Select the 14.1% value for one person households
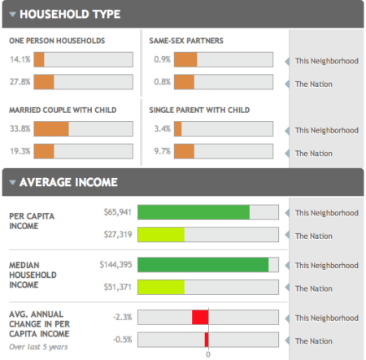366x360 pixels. [20, 59]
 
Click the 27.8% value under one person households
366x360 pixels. [20, 82]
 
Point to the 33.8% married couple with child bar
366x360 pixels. [51, 129]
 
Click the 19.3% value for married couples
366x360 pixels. [20, 152]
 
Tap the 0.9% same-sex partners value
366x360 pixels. [161, 59]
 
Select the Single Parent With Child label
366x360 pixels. [199, 110]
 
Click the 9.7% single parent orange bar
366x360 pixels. [185, 152]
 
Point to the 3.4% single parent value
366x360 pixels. [161, 129]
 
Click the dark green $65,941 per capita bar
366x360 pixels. [194, 213]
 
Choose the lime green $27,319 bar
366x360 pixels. [161, 236]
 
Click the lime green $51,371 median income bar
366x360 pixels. [161, 287]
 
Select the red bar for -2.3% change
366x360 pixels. [200, 317]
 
